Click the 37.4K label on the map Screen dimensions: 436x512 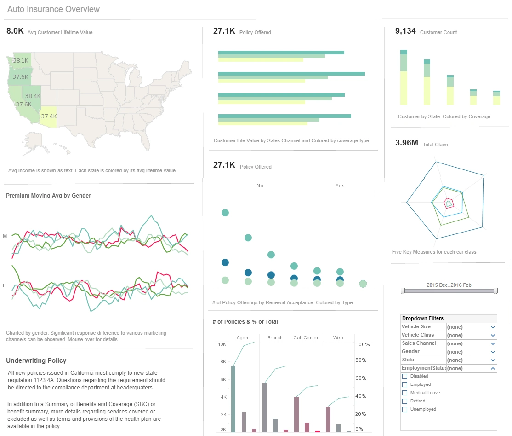coord(49,116)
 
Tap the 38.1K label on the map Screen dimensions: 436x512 coord(21,60)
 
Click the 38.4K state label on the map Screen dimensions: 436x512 coord(33,96)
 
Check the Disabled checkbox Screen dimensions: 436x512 coord(405,377)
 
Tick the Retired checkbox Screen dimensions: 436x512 coord(405,401)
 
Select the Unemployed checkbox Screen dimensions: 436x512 coord(405,409)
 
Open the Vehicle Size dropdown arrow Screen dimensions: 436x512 coord(493,327)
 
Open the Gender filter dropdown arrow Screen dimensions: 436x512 coord(493,352)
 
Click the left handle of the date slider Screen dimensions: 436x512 coord(403,291)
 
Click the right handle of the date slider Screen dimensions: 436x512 coord(496,291)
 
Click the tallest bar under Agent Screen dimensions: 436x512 coord(233,399)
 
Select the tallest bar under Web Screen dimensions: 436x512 coord(328,419)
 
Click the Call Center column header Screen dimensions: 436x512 coord(306,338)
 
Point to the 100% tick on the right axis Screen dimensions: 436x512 coord(363,345)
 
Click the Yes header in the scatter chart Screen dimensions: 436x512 coord(340,186)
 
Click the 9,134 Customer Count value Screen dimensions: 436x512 coord(405,31)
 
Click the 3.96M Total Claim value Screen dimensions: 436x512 coord(406,143)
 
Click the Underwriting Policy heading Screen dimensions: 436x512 coord(36,360)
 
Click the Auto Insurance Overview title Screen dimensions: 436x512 coord(53,9)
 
